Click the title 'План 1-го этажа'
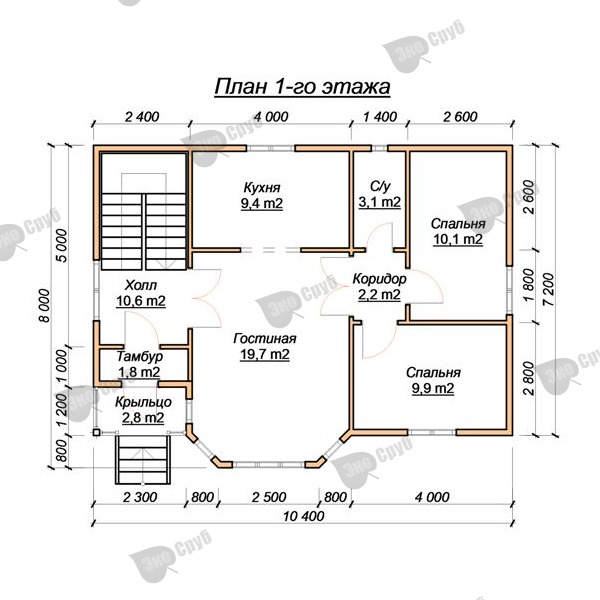[302, 87]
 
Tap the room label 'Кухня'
[262, 188]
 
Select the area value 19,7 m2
[265, 354]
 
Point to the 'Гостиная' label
[265, 339]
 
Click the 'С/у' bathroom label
[380, 186]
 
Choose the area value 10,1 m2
[458, 239]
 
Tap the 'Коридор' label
[379, 279]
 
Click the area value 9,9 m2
[433, 388]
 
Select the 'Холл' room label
[141, 285]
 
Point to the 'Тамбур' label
[140, 356]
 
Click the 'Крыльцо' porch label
[143, 402]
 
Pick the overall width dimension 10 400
[303, 516]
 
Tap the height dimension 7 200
[548, 289]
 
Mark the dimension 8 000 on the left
[45, 305]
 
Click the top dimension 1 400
[380, 117]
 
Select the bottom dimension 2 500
[269, 497]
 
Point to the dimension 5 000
[61, 245]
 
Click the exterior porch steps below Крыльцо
[143, 459]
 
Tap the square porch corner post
[96, 432]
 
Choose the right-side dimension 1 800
[528, 285]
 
